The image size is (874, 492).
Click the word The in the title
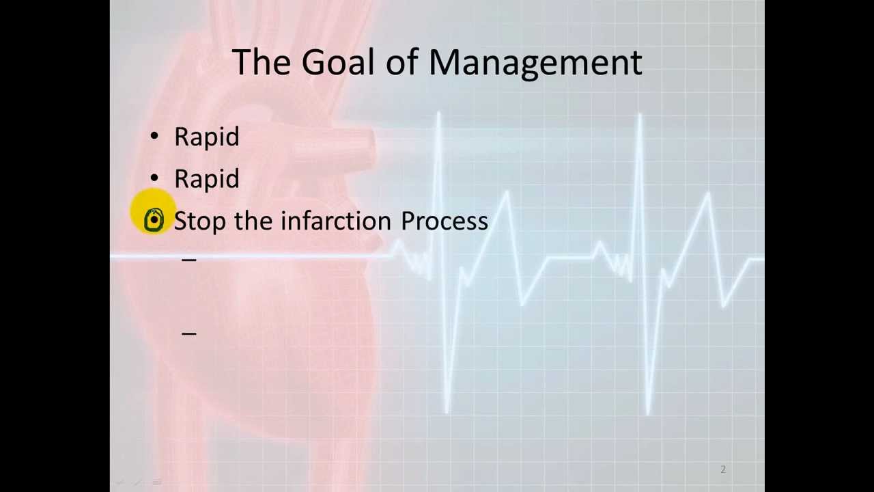coord(262,62)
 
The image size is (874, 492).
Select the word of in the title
coord(402,62)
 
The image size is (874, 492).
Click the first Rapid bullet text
coord(207,137)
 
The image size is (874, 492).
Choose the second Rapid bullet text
coord(207,179)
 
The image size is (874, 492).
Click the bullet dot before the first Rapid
coord(154,137)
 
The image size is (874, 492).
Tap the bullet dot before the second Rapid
coord(154,178)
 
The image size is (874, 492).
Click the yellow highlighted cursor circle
coord(154,220)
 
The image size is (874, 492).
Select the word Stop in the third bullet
coord(200,221)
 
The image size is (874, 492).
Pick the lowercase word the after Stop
coord(253,221)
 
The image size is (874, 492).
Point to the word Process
coord(445,221)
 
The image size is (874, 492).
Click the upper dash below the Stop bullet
coord(189,260)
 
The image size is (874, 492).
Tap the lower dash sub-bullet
coord(189,333)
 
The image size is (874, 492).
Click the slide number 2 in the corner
coord(723,469)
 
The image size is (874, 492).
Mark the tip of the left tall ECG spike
coord(438,114)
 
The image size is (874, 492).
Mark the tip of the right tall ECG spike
coord(640,115)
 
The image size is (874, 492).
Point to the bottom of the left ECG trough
coord(447,411)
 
